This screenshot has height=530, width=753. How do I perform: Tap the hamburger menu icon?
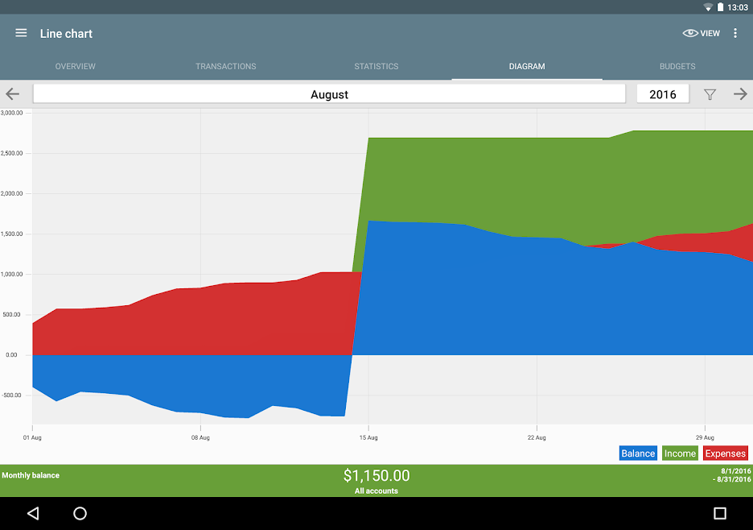(x=22, y=33)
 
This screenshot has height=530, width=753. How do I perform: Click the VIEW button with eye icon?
(x=702, y=33)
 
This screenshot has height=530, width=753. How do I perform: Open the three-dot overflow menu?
(x=735, y=33)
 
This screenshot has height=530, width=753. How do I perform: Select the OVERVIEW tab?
(x=75, y=66)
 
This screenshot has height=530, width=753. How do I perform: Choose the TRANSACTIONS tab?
(x=225, y=66)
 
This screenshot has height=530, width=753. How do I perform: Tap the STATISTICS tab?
(x=376, y=66)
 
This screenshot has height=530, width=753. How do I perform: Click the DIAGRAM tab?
(x=527, y=66)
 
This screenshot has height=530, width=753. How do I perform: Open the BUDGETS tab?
(x=677, y=66)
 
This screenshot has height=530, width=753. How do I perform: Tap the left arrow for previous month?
(x=13, y=94)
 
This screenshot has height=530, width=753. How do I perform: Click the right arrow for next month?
(x=740, y=94)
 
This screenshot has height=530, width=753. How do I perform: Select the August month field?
(x=329, y=94)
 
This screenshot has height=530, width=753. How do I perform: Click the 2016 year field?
(x=663, y=94)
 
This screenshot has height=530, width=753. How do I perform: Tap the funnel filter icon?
(x=710, y=94)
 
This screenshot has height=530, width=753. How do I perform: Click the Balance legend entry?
(x=638, y=453)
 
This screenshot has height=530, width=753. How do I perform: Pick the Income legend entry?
(x=680, y=453)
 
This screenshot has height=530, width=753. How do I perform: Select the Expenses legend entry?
(x=726, y=453)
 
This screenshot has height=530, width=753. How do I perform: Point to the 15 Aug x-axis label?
(x=368, y=438)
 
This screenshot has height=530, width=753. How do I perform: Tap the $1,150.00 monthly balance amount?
(x=376, y=476)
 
